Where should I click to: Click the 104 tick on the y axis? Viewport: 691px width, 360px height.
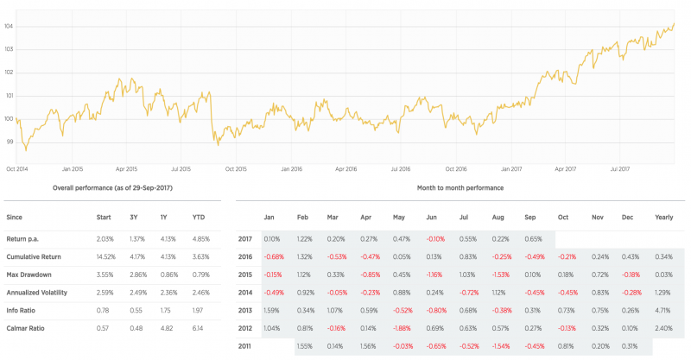tap(8, 26)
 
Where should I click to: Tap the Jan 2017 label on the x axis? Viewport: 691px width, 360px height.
tap(511, 169)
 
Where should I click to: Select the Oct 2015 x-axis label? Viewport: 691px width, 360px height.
tap(236, 169)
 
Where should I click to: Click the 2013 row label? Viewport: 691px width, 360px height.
tap(246, 309)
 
